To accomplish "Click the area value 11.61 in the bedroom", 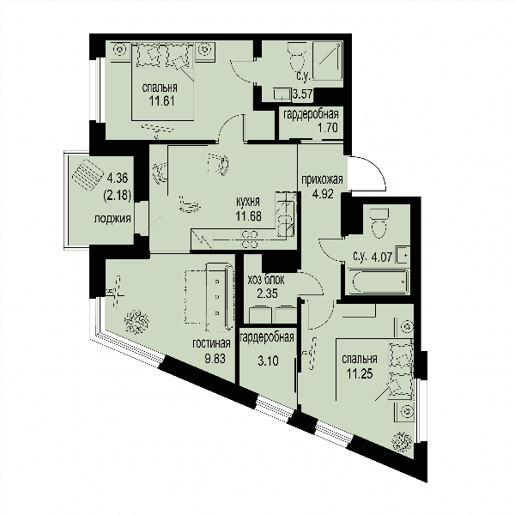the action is tap(162, 100).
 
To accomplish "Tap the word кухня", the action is tap(248, 202).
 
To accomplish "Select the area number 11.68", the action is tap(248, 216).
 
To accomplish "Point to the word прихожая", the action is tap(322, 179).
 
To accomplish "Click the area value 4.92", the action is tap(323, 194).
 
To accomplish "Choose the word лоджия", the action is tap(112, 219).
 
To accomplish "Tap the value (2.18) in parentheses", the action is tap(118, 196).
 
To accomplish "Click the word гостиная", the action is tap(211, 344).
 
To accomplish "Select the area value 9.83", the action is tap(215, 358).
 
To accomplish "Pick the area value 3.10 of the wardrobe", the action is tap(268, 360).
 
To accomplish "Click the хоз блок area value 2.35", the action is tap(267, 294).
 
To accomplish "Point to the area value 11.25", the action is tap(360, 373).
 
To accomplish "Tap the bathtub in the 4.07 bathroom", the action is tap(378, 282).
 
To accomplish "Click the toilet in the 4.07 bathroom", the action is tap(379, 222).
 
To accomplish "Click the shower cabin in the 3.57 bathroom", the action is tap(328, 60).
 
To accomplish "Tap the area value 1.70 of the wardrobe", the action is tap(327, 127).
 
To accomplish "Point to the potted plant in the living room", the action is tap(136, 322).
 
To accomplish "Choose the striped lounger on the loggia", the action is tap(88, 175).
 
